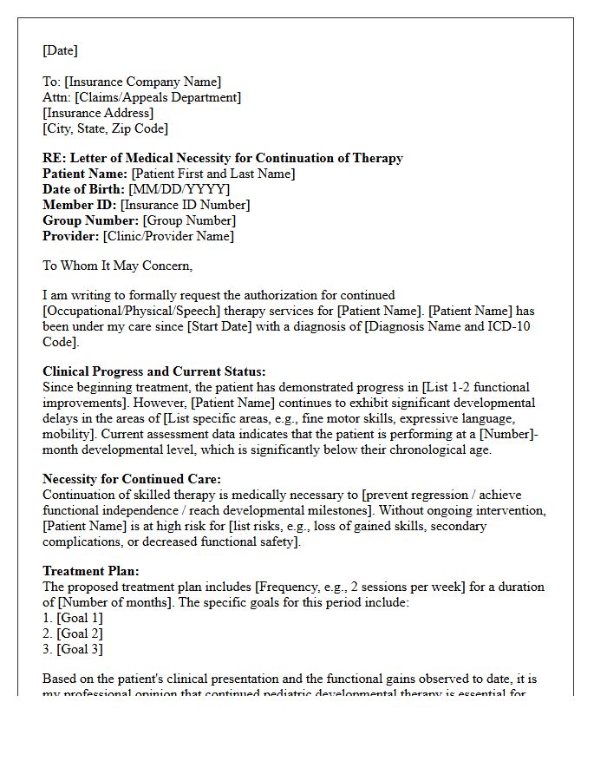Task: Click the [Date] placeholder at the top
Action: point(60,50)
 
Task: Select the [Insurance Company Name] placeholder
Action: point(142,82)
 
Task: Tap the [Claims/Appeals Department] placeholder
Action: point(157,97)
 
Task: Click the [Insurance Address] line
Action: point(98,113)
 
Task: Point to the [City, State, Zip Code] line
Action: point(105,128)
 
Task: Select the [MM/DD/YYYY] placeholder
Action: point(179,189)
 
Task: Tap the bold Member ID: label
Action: point(80,205)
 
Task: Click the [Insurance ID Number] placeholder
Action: point(185,205)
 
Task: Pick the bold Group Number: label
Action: point(91,220)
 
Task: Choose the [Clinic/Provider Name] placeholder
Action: point(168,236)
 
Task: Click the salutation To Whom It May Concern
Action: point(117,266)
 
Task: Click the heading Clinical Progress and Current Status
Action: point(154,371)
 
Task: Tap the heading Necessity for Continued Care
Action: point(132,479)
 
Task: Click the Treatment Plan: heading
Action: point(91,571)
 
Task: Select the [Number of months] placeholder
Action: point(108,602)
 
